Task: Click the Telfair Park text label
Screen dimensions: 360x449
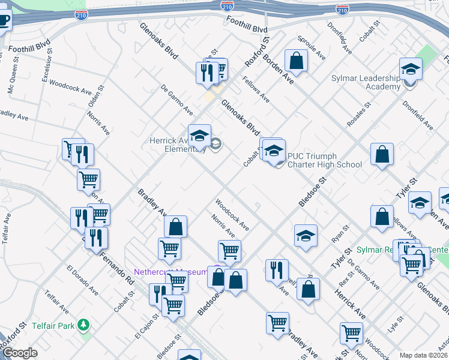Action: (x=53, y=325)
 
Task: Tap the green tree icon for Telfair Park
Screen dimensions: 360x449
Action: (x=84, y=325)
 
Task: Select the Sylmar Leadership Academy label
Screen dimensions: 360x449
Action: (x=366, y=82)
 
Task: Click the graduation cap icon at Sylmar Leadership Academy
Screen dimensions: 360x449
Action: (x=411, y=69)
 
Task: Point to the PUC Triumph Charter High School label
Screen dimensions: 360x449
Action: (x=325, y=160)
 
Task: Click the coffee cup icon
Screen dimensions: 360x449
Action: (x=4, y=20)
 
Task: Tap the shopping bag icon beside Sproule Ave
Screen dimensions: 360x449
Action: (x=296, y=61)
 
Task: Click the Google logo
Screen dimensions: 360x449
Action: (x=20, y=353)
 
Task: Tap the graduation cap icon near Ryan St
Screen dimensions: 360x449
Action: (x=306, y=235)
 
